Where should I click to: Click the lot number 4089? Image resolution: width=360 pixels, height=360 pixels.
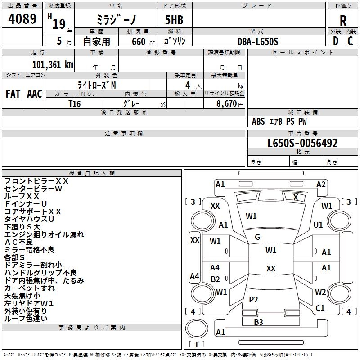(22, 19)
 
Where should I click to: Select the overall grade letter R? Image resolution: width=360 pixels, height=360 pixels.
(343, 21)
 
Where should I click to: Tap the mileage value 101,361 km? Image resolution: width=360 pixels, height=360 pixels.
(53, 64)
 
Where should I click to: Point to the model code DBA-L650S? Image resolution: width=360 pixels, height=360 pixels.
(258, 41)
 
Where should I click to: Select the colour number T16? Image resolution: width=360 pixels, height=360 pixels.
(74, 104)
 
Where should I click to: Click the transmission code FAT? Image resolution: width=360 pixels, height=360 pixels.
(13, 94)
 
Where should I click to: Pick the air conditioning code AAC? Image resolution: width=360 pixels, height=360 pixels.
(35, 94)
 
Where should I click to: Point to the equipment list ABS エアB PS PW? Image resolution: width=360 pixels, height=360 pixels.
(279, 121)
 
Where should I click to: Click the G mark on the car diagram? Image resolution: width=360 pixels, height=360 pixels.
(257, 237)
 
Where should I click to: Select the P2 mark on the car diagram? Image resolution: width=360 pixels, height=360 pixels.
(254, 300)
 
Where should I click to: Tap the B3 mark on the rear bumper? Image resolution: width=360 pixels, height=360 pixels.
(258, 322)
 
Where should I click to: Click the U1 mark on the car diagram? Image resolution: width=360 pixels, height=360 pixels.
(318, 225)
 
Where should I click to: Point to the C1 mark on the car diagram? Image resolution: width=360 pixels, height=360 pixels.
(320, 308)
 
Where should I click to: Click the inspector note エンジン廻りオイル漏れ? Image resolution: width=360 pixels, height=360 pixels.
(44, 234)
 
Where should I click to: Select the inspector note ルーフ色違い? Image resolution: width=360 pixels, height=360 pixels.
(26, 319)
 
